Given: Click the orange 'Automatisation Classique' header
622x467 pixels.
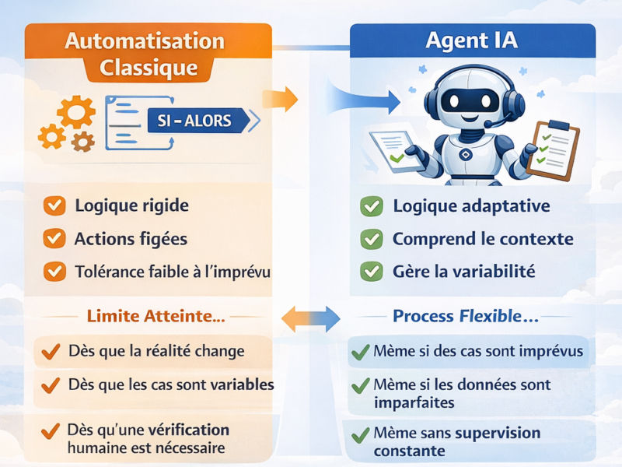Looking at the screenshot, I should (148, 53).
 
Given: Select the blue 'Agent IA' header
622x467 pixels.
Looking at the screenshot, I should (472, 41).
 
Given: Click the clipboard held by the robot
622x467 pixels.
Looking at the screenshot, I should (553, 149).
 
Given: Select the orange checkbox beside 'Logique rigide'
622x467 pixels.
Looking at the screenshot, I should (54, 206).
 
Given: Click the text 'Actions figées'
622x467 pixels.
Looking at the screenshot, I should (131, 239).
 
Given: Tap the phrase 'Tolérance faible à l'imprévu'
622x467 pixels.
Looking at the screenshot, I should (172, 272).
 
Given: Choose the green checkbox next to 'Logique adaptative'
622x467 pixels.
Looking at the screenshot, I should (372, 207).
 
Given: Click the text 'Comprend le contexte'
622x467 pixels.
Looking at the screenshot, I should (483, 239).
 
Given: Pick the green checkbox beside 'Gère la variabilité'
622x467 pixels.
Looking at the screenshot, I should (372, 272).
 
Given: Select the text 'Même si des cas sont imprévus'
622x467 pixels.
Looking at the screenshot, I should (478, 351).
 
